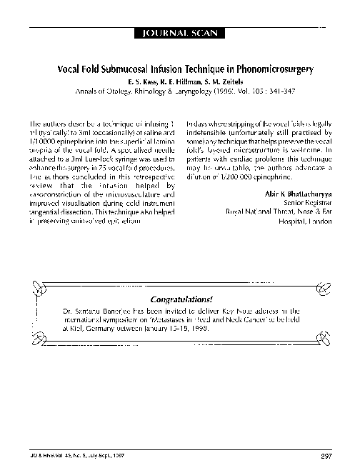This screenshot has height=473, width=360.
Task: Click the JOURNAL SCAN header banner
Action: pos(180,32)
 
